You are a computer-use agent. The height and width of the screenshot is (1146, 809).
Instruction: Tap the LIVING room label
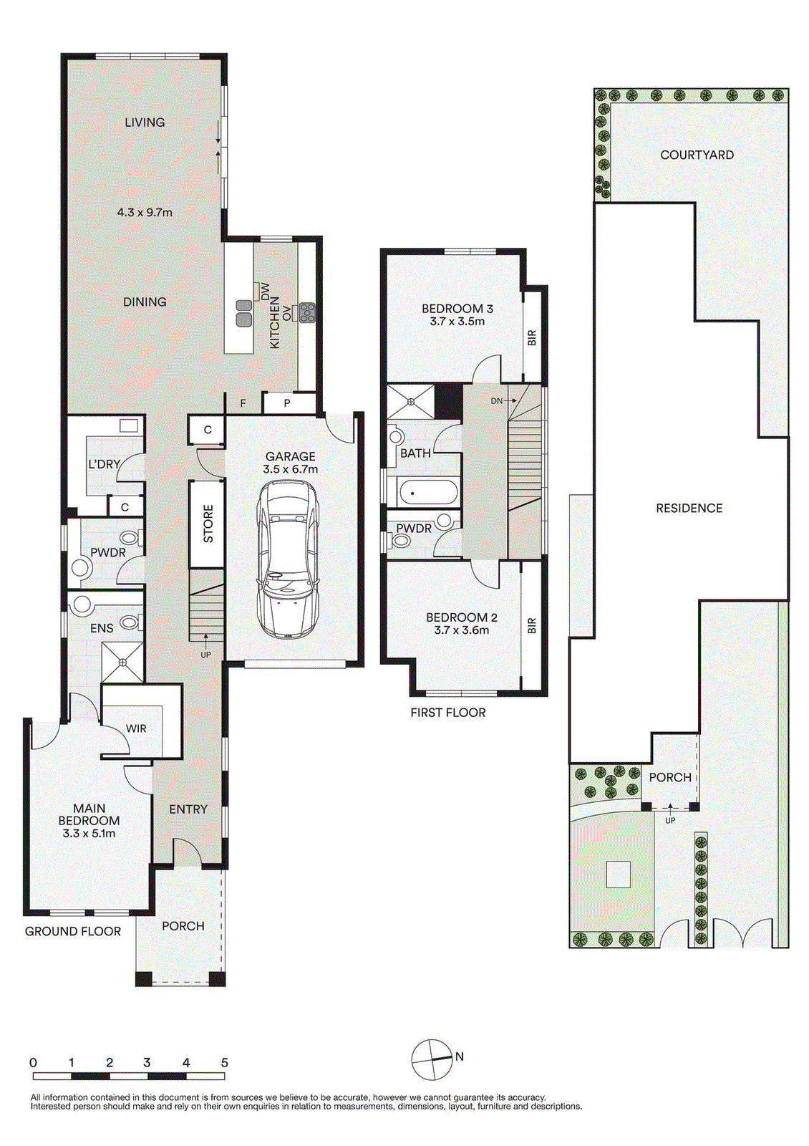(145, 122)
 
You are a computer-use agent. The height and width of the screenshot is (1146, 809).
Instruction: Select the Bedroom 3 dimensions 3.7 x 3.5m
(457, 322)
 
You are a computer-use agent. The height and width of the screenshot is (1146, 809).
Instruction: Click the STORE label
(208, 524)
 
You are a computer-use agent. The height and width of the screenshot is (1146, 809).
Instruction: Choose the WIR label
(136, 728)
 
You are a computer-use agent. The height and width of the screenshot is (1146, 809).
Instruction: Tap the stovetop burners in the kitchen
(307, 312)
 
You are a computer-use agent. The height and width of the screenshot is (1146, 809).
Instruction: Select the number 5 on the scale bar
(224, 1061)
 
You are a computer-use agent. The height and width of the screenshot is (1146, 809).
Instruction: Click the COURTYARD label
(697, 155)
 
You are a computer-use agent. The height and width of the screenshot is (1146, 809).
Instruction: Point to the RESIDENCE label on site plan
(689, 508)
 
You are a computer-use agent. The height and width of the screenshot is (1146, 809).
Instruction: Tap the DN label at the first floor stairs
(497, 401)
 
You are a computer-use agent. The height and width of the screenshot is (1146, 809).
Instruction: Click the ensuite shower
(122, 663)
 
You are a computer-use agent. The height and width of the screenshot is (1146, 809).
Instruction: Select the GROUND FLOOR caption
(72, 931)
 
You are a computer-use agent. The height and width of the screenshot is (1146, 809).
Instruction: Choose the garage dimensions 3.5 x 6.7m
(290, 468)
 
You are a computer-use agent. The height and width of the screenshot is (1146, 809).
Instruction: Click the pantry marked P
(287, 403)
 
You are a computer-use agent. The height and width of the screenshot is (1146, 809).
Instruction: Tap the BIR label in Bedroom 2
(532, 625)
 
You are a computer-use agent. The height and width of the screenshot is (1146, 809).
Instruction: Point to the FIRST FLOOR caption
(448, 712)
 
